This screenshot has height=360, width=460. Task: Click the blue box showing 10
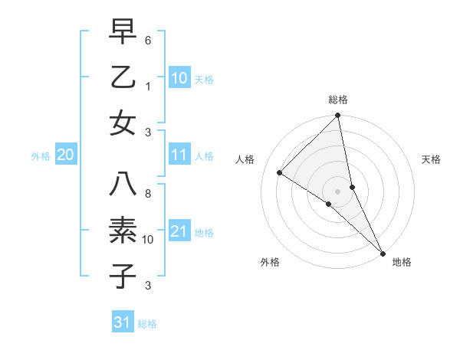click(179, 77)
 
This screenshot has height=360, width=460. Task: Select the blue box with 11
click(179, 155)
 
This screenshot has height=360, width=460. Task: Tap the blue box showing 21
click(179, 231)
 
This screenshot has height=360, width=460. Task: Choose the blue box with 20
click(65, 155)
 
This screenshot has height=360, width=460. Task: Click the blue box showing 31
click(123, 322)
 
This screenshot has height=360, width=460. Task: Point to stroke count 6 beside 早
click(148, 40)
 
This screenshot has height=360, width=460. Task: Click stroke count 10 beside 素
click(148, 240)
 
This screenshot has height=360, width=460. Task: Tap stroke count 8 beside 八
click(148, 194)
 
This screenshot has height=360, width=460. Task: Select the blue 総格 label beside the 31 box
click(147, 324)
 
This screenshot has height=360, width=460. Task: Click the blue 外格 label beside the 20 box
click(41, 156)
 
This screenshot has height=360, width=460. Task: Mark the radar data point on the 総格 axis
click(337, 116)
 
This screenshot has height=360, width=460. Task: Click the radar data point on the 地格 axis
click(382, 251)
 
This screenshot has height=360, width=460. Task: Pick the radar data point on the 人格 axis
click(280, 172)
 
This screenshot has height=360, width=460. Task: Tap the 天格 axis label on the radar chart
click(432, 160)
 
